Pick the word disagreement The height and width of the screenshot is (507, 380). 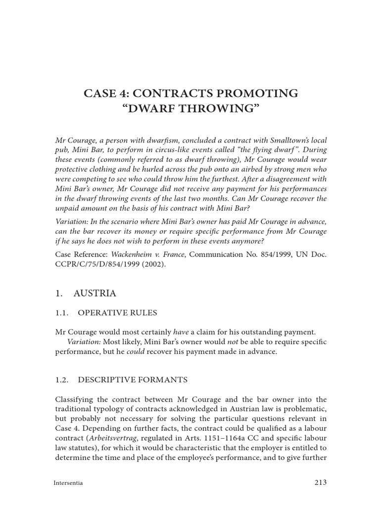(280, 179)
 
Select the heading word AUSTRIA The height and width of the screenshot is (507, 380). (95, 294)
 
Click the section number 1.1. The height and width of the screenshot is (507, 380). (61, 312)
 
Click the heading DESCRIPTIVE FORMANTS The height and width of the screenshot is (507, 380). (133, 380)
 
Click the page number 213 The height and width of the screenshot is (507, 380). (321, 482)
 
